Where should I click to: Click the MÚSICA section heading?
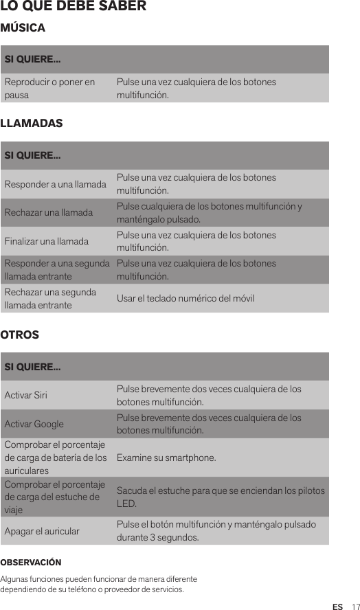23,28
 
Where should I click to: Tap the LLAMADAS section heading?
32,124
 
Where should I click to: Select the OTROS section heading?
20,335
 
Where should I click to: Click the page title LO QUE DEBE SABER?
74,6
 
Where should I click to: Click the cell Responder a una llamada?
56,184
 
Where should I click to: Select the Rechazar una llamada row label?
49,213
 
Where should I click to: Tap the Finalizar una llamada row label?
47,242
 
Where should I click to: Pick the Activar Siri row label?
26,396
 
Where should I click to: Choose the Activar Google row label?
34,425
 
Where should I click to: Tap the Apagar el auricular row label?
42,531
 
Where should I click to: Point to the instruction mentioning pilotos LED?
221,497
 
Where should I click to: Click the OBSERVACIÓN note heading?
31,563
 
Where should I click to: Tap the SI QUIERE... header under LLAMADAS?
32,155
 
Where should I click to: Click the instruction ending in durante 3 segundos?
216,531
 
